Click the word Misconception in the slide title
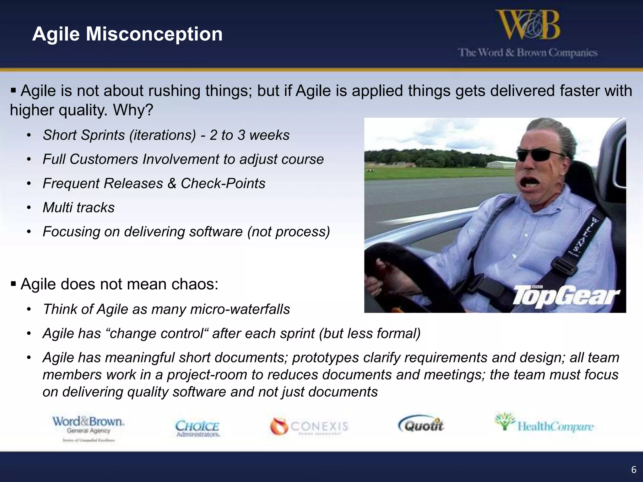[x=154, y=34]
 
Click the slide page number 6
[x=634, y=469]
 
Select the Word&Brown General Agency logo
[x=88, y=427]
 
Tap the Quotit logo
[x=421, y=426]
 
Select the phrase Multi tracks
[x=78, y=208]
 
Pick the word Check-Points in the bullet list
[x=223, y=184]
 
